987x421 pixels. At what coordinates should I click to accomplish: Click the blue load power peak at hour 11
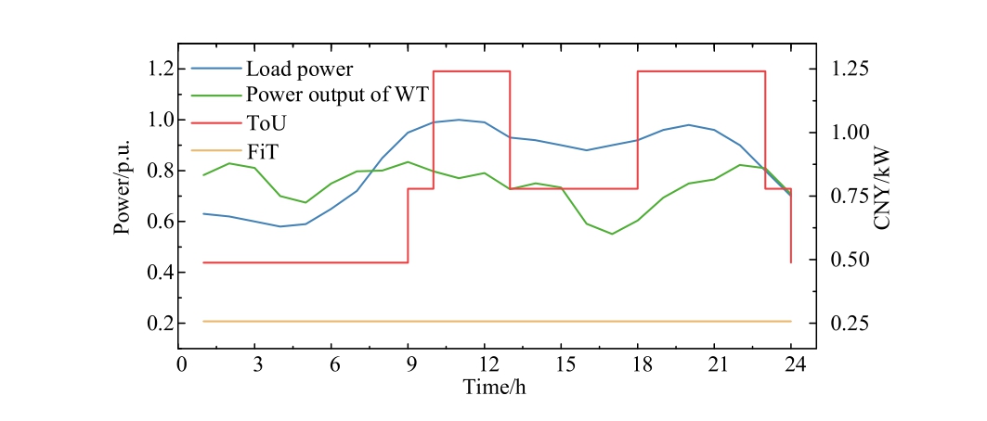459,120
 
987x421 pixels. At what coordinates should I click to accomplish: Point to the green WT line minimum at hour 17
612,234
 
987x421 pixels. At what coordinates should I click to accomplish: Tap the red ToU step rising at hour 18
638,130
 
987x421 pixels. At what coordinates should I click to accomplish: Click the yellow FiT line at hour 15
561,321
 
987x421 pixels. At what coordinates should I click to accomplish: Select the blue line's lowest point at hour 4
280,226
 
